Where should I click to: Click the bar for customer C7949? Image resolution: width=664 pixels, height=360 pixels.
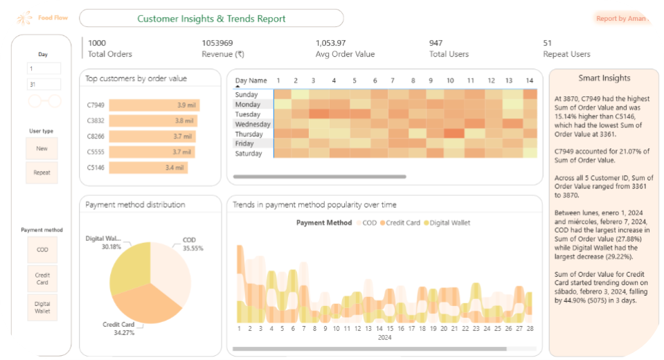click(x=154, y=105)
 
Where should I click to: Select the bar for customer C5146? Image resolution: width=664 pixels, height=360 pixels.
click(x=148, y=168)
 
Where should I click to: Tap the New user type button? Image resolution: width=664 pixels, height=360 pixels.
click(x=42, y=148)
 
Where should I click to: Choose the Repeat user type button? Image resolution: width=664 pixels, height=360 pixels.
click(x=42, y=172)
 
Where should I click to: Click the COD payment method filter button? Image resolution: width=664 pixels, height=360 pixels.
click(x=42, y=250)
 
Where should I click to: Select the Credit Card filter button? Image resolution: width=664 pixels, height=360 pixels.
click(x=42, y=278)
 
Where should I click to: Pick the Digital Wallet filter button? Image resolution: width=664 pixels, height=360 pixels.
click(x=42, y=307)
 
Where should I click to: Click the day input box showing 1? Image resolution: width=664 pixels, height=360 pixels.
click(x=44, y=69)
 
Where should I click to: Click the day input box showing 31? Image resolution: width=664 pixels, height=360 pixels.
click(x=44, y=84)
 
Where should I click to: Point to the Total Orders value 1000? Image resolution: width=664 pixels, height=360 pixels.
click(x=97, y=43)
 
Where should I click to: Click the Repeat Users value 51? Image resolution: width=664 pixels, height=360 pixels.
click(x=548, y=43)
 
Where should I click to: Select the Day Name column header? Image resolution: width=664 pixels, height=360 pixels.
click(x=251, y=81)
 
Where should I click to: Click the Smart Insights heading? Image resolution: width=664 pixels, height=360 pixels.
click(x=604, y=78)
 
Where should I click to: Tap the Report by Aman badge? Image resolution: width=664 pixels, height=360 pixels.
click(x=620, y=19)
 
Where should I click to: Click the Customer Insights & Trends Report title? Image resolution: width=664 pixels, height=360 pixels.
click(x=211, y=19)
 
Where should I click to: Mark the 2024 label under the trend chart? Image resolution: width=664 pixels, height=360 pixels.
click(x=384, y=339)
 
